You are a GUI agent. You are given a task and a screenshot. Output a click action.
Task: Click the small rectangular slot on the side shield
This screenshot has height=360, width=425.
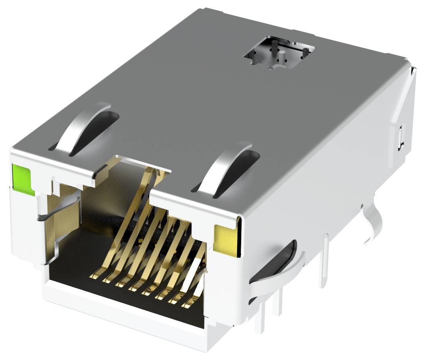click(400, 137)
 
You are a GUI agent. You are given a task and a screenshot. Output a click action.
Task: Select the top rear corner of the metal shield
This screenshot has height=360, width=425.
click(407, 60)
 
